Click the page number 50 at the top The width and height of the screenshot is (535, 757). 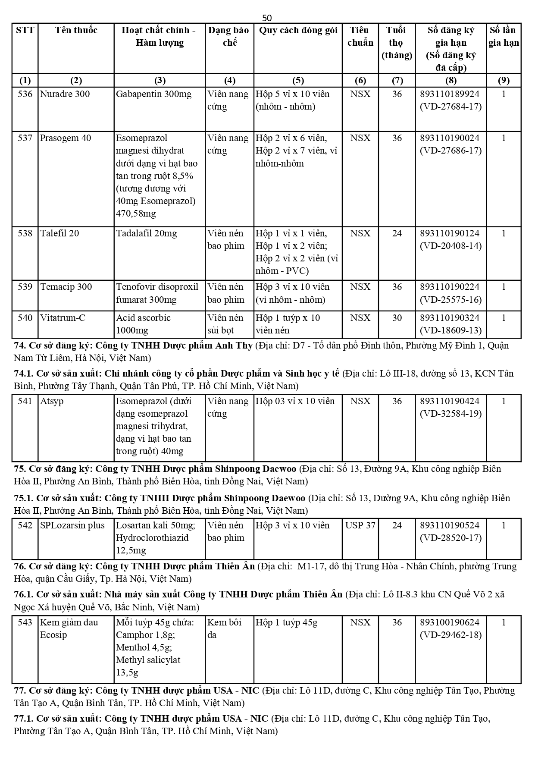pos(267,18)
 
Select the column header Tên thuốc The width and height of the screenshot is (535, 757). pos(76,30)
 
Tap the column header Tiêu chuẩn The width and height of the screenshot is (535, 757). pos(360,36)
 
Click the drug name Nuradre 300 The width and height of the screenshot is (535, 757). pos(65,94)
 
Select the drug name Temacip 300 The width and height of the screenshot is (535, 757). pos(66,287)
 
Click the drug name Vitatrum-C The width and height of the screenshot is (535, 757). pos(63,318)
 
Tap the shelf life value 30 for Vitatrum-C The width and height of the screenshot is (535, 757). pos(397,318)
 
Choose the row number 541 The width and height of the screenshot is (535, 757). pos(25,401)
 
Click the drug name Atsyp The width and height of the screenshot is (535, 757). pos(52,401)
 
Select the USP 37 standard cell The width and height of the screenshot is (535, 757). pos(360,525)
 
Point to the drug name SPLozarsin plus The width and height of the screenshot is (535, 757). pos(72,525)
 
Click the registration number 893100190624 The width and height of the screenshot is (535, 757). pos(450,622)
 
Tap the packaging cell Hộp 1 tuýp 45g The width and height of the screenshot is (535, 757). pos(287,622)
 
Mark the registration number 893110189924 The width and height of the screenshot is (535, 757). pos(450,94)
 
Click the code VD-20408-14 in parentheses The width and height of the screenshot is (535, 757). pos(451,246)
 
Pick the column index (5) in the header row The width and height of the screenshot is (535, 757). pos(298,80)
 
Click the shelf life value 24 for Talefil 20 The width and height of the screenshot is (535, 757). pos(397,233)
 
